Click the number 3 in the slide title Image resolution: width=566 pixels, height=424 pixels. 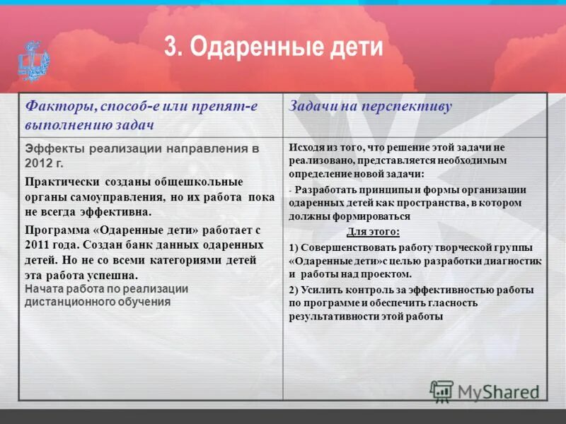pyautogui.click(x=171, y=48)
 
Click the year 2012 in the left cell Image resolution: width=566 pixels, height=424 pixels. pyautogui.click(x=40, y=162)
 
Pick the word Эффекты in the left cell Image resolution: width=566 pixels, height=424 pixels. pyautogui.click(x=50, y=149)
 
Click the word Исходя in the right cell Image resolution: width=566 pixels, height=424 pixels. pyautogui.click(x=307, y=147)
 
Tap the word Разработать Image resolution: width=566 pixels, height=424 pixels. pyautogui.click(x=330, y=189)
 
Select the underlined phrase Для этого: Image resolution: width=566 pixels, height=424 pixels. pyautogui.click(x=372, y=231)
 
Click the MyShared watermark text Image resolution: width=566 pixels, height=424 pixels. pyautogui.click(x=496, y=391)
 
